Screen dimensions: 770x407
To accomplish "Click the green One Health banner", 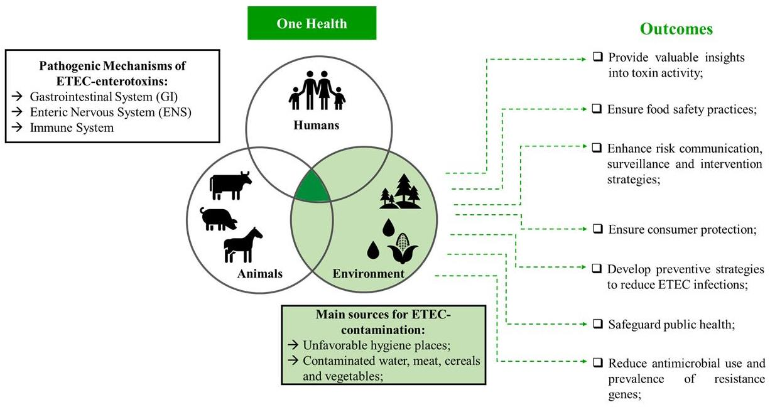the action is tap(312, 24).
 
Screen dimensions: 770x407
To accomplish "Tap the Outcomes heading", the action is tap(676, 29).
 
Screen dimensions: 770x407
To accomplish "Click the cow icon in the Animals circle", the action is tap(230, 185).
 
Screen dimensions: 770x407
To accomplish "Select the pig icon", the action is tap(219, 218).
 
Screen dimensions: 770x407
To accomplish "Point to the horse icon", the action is tap(242, 245).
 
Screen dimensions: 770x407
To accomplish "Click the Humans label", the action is tap(316, 125).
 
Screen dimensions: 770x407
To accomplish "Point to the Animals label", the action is tap(260, 274).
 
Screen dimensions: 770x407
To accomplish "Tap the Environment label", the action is tap(368, 274).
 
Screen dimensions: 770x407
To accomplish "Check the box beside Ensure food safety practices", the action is tap(597, 109).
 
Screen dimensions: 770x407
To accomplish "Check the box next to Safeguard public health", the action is tap(598, 324).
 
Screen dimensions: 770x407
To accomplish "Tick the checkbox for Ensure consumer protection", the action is tap(598, 229).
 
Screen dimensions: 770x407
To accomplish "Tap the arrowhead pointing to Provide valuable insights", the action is tap(582, 60).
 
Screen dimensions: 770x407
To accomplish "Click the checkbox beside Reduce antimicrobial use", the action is tap(598, 362).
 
